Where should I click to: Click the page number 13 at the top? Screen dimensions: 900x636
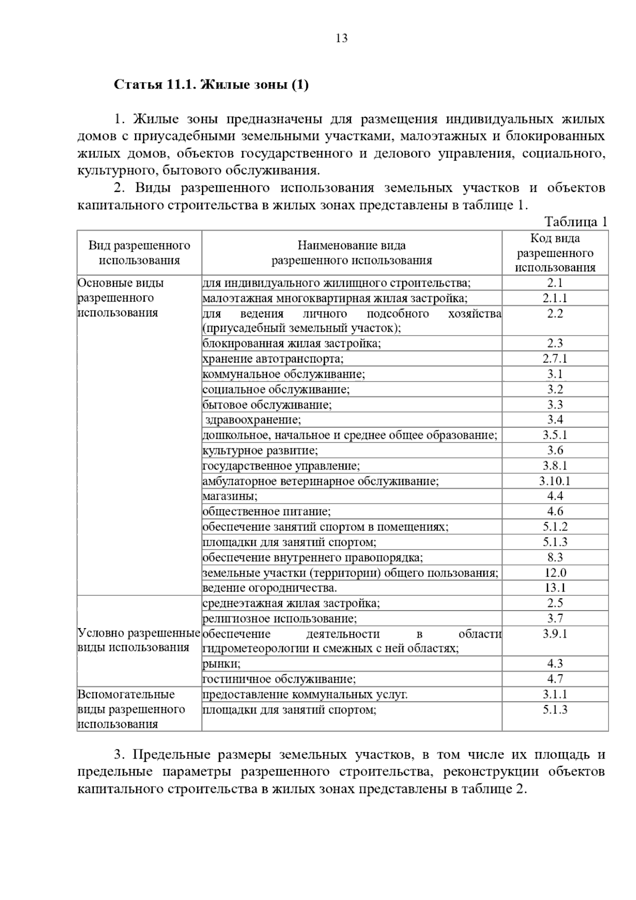(341, 38)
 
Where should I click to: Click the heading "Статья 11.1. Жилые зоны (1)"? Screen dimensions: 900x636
(211, 85)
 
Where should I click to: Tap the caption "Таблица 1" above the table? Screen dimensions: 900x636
(576, 222)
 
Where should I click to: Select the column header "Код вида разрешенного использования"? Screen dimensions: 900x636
(555, 253)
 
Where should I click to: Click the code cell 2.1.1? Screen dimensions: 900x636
(555, 298)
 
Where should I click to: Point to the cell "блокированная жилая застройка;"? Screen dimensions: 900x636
(291, 343)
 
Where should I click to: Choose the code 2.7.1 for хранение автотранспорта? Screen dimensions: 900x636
(555, 359)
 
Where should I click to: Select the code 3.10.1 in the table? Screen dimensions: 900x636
(555, 481)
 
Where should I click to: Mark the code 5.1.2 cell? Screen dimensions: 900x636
(555, 527)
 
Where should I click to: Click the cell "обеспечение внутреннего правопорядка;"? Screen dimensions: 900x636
(313, 558)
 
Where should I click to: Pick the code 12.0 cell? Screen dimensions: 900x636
(555, 573)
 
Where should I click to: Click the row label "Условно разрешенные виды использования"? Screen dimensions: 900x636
(139, 640)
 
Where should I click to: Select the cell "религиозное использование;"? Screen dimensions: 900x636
(280, 619)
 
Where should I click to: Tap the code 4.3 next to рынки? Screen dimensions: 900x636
(555, 664)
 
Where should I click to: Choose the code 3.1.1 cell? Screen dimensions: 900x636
(555, 694)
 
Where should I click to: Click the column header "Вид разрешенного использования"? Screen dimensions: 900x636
(139, 253)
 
